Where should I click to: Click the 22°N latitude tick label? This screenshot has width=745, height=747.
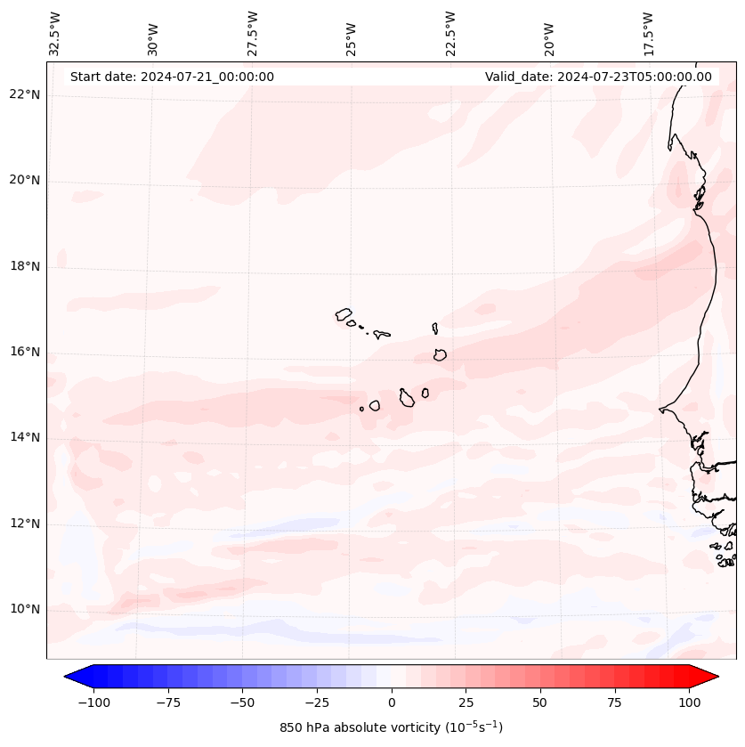25,94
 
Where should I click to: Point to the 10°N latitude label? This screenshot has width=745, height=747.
25,610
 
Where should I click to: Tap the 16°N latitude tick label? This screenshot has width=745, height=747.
25,352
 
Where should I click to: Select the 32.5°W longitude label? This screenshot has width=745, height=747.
55,34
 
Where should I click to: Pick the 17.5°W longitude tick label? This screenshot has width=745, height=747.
648,34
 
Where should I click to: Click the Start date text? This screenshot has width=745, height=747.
172,77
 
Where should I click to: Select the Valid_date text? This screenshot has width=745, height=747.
598,77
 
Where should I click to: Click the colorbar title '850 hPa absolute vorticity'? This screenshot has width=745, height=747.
391,728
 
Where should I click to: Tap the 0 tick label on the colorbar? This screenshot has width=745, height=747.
392,702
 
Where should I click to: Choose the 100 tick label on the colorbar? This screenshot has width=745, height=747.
689,702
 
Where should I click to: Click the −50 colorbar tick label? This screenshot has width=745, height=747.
243,702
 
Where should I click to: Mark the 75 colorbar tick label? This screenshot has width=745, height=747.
615,702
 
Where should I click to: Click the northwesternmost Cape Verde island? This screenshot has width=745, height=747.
344,314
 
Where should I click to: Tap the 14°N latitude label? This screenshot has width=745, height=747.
25,437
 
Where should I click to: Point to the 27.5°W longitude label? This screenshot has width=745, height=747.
253,34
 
